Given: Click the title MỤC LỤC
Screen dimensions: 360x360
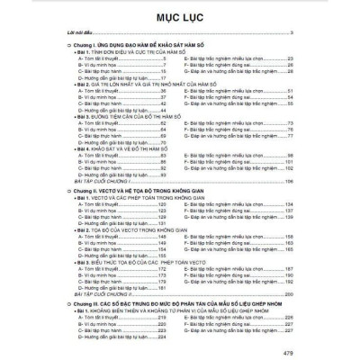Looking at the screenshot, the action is pos(180,15).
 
